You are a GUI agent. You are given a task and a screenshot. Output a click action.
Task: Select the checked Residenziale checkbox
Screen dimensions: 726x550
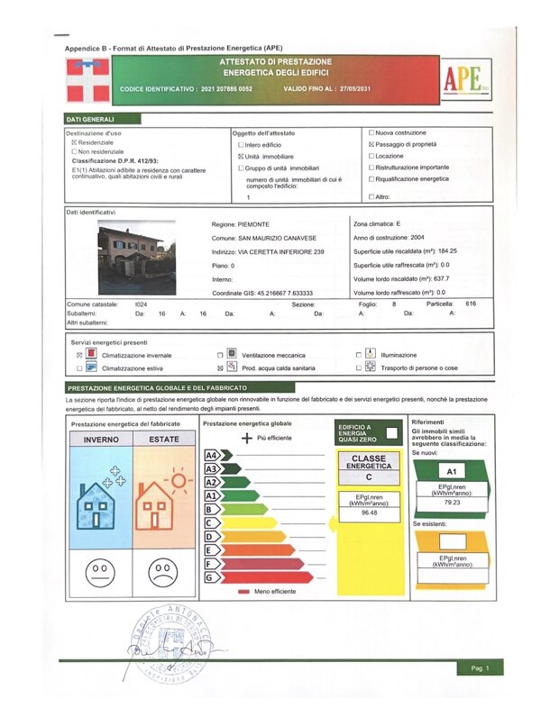coord(74,142)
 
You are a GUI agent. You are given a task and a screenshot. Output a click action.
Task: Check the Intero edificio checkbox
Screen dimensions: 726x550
coord(240,144)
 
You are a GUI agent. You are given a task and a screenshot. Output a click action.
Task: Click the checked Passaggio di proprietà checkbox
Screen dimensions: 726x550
coord(372,144)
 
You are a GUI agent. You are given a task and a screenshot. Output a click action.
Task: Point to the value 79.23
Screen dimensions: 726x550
coord(451,503)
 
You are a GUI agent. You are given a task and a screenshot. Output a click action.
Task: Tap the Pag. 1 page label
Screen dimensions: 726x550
coord(480,668)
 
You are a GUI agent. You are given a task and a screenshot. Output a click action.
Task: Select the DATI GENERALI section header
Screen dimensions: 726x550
coord(90,119)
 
